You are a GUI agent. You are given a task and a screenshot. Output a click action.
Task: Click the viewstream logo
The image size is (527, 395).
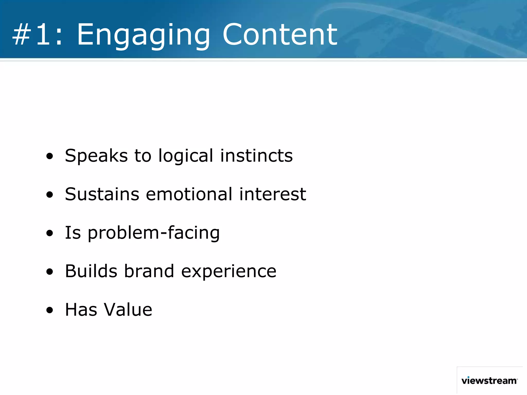489,380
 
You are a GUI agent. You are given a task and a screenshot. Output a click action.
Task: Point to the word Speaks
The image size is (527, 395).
96,156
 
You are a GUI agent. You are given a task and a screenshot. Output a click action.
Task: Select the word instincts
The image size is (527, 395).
256,156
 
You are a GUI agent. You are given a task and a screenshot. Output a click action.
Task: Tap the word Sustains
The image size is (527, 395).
102,194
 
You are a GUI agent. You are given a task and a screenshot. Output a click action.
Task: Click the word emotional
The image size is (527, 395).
189,194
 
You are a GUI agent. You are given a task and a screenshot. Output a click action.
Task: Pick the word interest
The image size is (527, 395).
273,194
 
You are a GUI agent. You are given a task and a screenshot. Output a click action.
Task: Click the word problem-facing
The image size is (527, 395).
154,233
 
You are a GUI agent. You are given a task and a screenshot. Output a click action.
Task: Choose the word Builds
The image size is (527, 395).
91,271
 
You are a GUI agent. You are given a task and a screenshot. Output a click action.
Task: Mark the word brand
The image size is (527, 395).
149,271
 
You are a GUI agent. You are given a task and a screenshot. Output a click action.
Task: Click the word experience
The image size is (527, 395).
229,272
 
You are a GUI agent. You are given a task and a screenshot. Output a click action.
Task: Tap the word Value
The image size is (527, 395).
128,310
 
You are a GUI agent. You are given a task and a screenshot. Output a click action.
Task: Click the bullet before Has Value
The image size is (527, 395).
49,310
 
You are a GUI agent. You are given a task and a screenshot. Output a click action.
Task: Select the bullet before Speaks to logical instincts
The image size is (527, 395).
49,156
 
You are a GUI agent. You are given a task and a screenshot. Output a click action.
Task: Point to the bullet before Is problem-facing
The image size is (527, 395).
49,233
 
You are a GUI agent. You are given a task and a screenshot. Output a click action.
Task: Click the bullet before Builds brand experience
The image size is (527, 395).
49,272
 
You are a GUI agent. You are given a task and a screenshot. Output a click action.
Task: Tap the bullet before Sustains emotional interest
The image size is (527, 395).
49,195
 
